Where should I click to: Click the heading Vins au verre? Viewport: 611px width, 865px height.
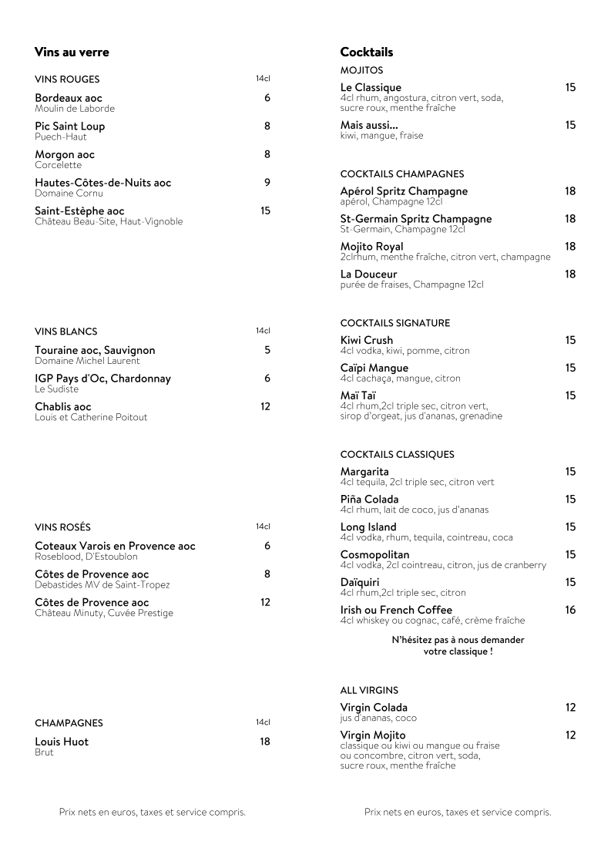pos(72,52)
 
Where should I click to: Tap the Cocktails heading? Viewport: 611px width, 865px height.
pos(367,52)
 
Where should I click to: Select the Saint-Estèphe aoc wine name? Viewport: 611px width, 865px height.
pos(79,210)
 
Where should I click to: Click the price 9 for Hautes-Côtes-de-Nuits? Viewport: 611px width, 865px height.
pos(267,183)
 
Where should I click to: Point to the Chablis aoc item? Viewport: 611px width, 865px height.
pos(63,406)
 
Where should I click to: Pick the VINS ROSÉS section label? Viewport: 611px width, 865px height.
pos(62,527)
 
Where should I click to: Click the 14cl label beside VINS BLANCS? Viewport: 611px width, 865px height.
pos(263,331)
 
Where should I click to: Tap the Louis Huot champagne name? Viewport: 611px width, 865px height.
pos(62,742)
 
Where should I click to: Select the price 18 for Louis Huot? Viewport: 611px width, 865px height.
pos(265,742)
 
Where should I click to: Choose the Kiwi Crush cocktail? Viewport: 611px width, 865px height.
pos(367,340)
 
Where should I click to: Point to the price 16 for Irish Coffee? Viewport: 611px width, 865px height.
pos(570,610)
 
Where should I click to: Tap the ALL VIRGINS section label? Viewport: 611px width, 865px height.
pos(369,691)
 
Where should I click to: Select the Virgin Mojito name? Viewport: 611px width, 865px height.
pos(373,735)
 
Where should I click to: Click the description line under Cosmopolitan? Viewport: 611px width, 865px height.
pos(443,565)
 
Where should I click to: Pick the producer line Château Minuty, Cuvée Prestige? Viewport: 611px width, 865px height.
pos(104,613)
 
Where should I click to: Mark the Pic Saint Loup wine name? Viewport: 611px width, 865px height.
pos(70,126)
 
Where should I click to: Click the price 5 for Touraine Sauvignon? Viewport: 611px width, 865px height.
pos(267,350)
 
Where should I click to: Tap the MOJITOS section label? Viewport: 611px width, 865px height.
pos(361,70)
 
